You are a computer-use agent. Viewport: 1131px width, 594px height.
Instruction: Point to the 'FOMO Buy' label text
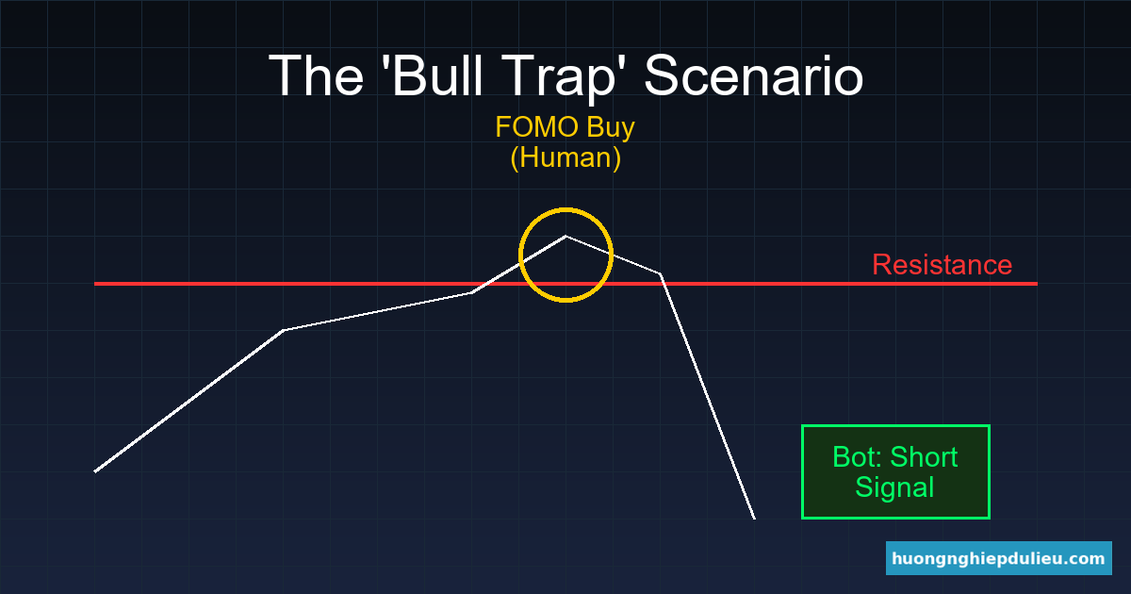click(565, 127)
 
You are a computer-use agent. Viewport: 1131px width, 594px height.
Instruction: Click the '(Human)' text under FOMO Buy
click(565, 157)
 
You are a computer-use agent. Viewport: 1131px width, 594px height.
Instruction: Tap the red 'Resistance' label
click(942, 265)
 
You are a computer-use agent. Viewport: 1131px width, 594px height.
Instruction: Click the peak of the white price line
click(565, 236)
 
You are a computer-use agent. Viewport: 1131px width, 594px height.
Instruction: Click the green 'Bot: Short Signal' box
click(895, 471)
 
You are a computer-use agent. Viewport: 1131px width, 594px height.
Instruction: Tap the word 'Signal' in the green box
click(894, 487)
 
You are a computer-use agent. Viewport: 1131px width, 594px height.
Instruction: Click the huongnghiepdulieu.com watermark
click(999, 558)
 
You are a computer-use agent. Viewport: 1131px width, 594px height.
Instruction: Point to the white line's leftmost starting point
click(95, 470)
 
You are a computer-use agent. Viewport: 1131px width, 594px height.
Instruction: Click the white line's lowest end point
click(754, 518)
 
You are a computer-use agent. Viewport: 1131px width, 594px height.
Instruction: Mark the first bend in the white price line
click(283, 330)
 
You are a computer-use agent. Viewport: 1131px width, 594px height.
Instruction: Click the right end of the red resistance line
click(1035, 283)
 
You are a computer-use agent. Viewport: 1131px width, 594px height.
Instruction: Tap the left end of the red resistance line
click(96, 283)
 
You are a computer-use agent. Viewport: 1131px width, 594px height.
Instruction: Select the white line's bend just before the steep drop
click(660, 273)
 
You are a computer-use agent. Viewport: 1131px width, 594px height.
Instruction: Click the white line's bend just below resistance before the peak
click(471, 292)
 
